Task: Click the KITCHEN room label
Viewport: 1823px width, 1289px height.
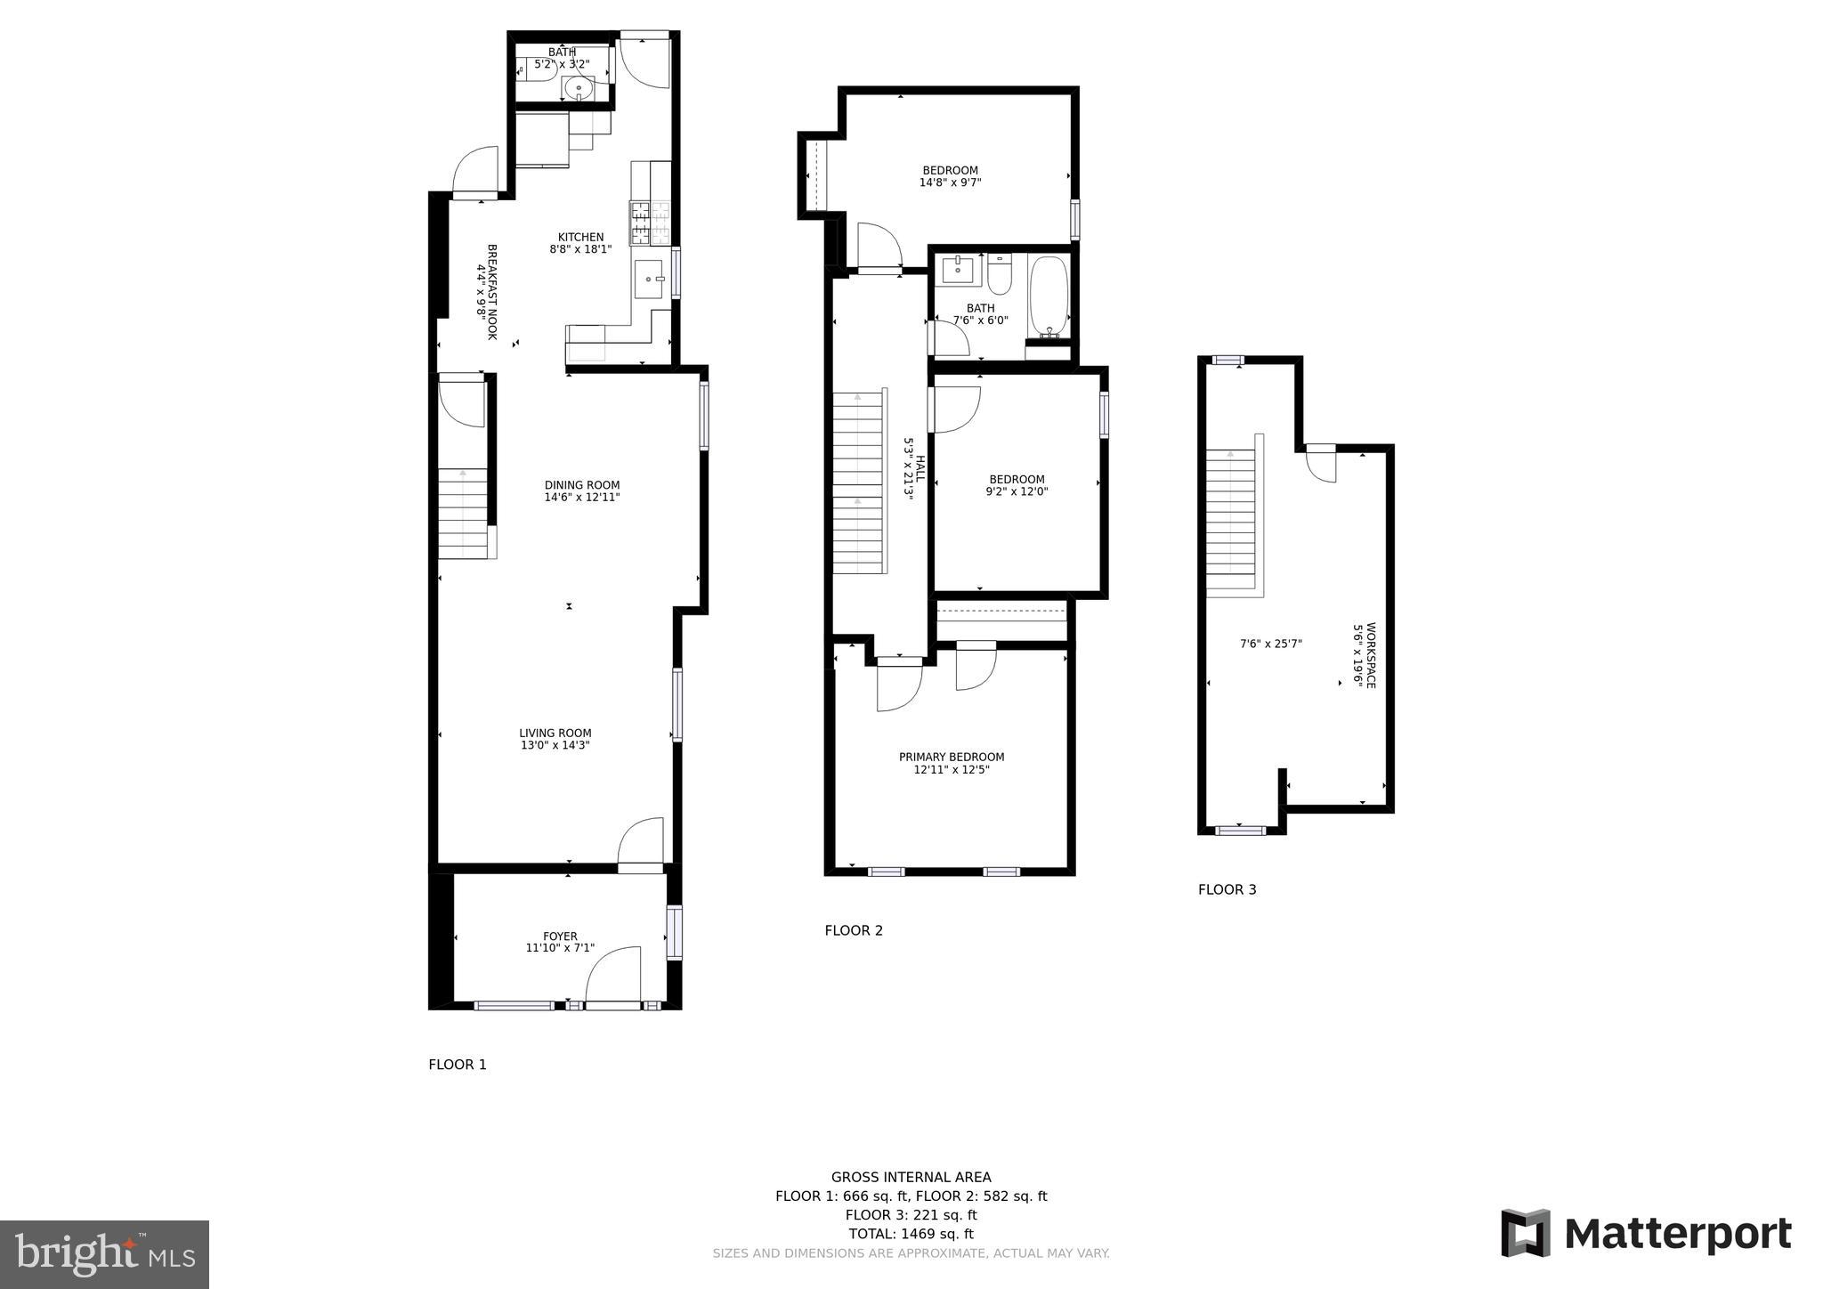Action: [x=580, y=237]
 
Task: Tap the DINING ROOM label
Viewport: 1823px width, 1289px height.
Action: [x=582, y=485]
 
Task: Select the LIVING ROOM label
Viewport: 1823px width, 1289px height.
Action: [x=555, y=734]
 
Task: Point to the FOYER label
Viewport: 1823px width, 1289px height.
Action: [x=560, y=936]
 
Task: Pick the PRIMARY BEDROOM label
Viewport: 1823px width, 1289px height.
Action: [x=952, y=758]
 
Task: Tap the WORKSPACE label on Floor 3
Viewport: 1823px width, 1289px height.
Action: [x=1371, y=654]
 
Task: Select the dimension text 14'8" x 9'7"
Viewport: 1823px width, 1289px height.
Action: [x=950, y=182]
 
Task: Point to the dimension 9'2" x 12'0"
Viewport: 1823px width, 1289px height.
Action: [x=1017, y=491]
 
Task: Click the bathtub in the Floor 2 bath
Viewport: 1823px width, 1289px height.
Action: [x=1048, y=296]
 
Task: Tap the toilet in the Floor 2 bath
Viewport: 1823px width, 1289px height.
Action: [x=1000, y=276]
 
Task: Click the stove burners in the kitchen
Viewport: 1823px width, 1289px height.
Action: [x=651, y=223]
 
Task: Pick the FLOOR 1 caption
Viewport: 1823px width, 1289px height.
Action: [x=458, y=1065]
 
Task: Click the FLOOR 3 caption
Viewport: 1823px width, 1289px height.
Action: [x=1227, y=889]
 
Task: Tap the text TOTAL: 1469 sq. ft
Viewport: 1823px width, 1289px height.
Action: [x=911, y=1234]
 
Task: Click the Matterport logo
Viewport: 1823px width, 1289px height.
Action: [x=1646, y=1234]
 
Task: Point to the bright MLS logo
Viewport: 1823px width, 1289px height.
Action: [x=104, y=1254]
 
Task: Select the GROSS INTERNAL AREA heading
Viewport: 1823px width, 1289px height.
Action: [x=911, y=1177]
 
